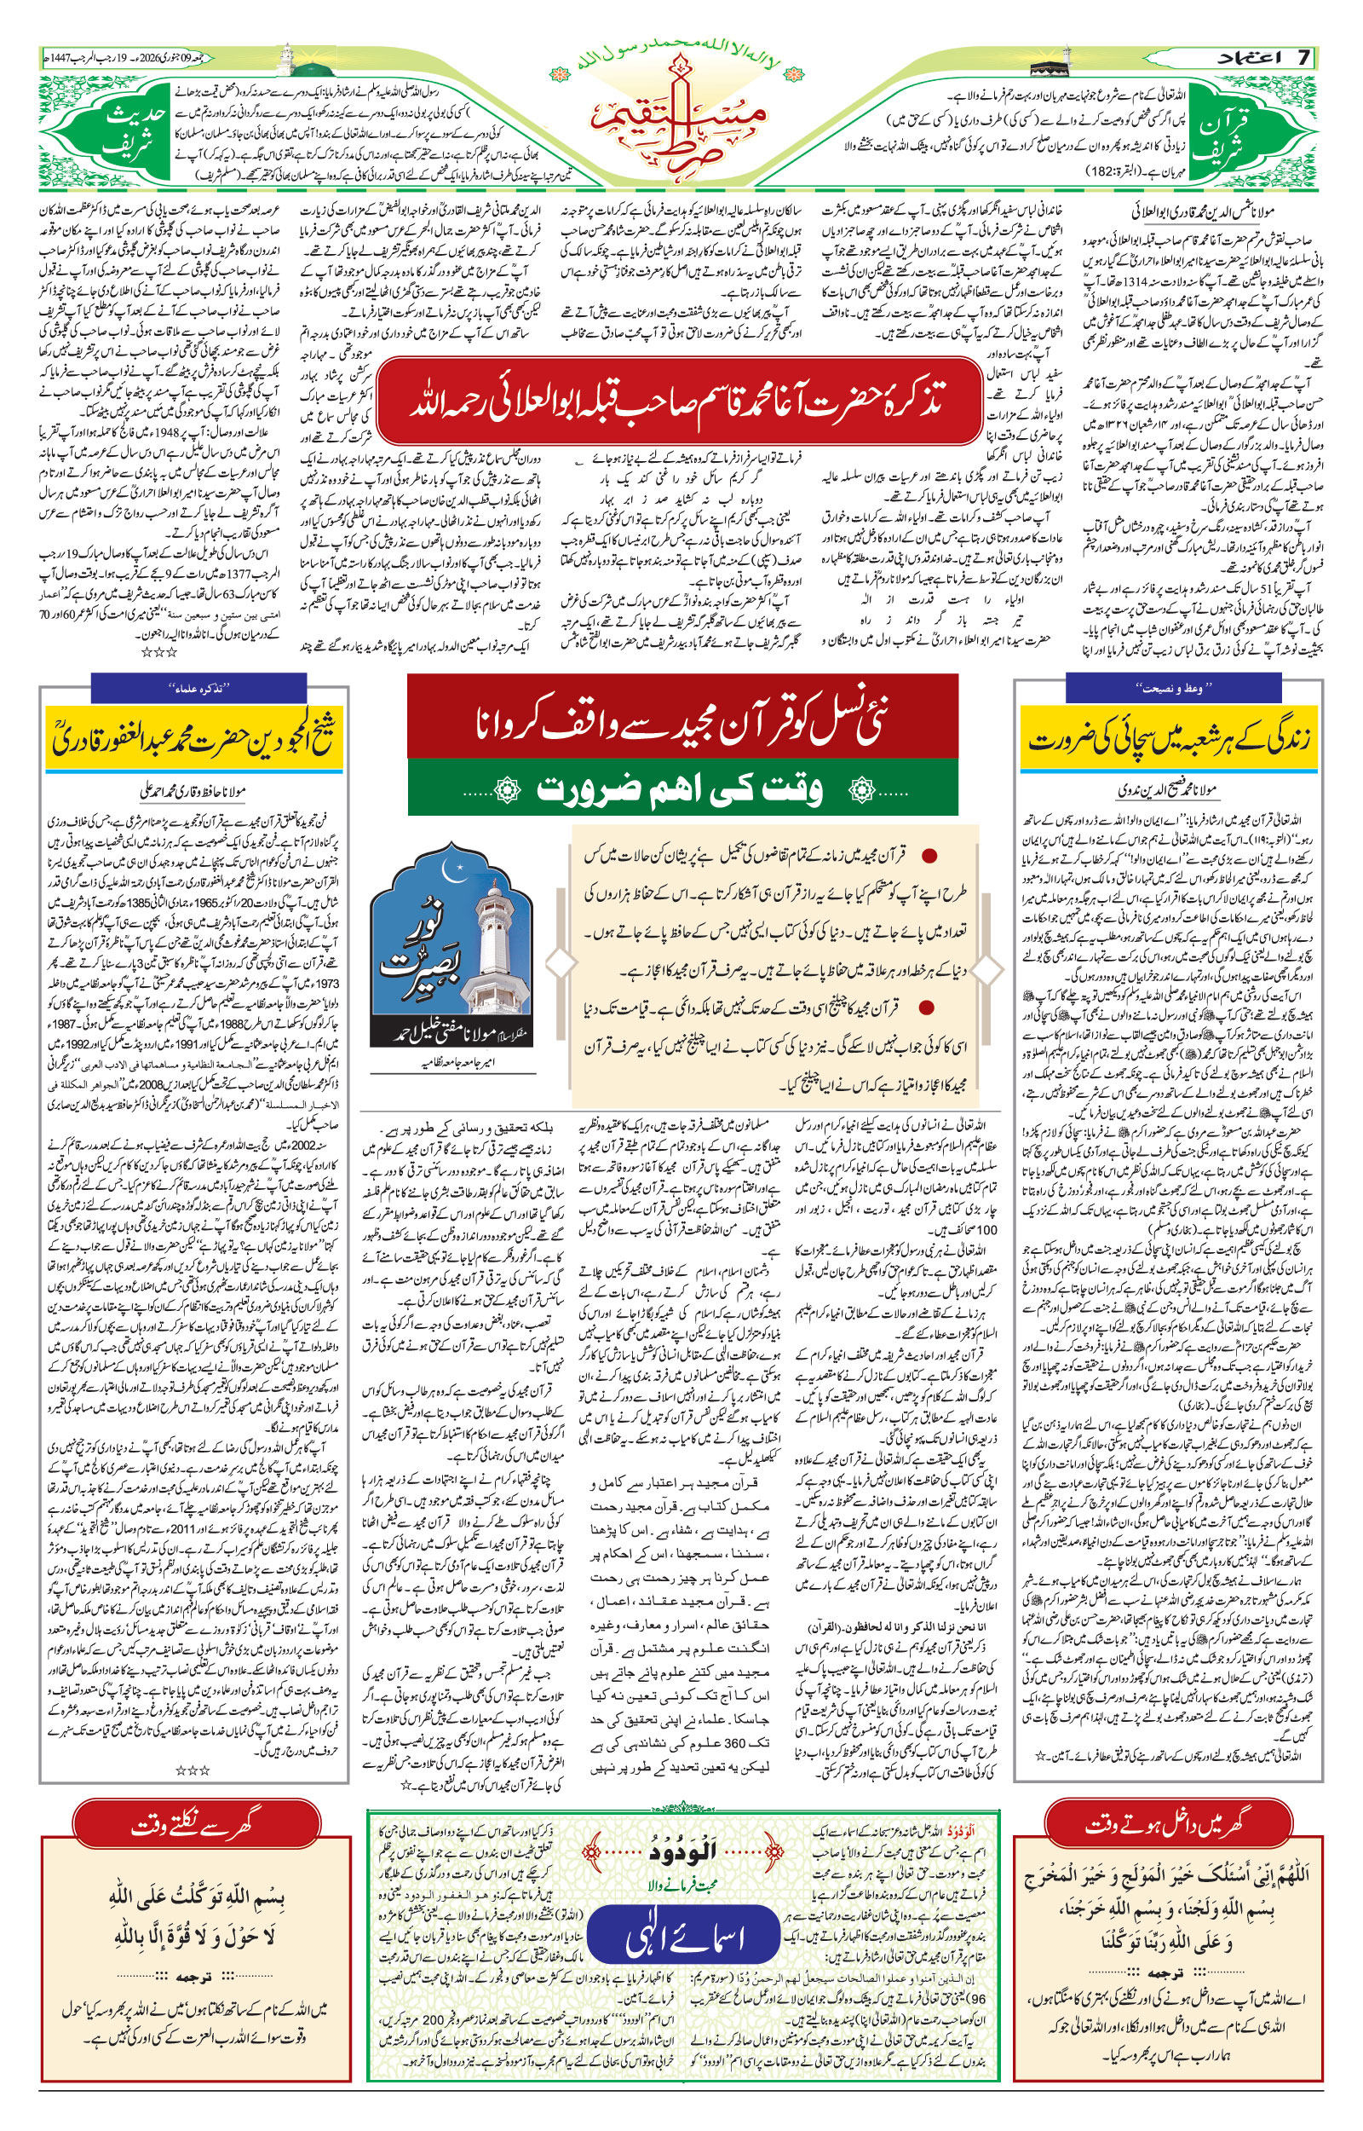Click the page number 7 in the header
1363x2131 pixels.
pos(1303,58)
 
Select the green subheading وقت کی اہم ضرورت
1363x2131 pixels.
pos(681,788)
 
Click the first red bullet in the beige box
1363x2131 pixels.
pos(929,856)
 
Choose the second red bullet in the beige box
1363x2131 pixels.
pos(928,1007)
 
